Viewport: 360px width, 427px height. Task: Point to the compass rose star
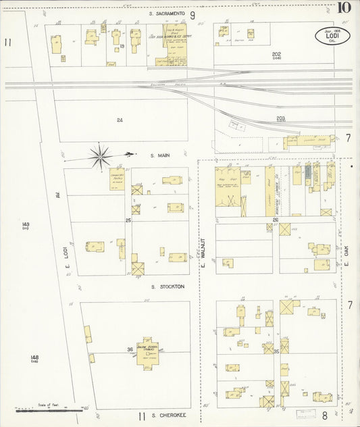(x=100, y=157)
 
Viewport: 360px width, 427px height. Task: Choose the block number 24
(x=120, y=120)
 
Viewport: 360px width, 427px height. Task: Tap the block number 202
(x=276, y=54)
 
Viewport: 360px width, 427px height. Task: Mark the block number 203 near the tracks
(x=280, y=118)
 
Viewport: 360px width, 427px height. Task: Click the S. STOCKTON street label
(x=162, y=286)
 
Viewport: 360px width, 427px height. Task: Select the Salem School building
(x=147, y=350)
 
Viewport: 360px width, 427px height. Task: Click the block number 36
(x=129, y=349)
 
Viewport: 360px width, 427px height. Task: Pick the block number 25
(x=127, y=220)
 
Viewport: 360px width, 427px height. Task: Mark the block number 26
(x=276, y=220)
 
